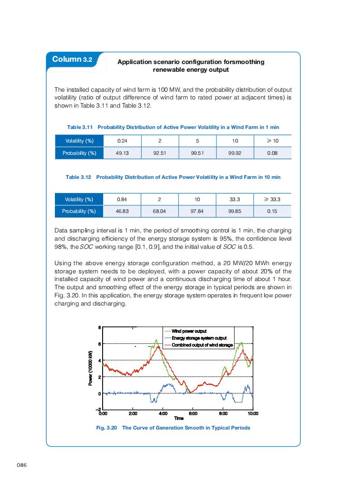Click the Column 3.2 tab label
click(73, 59)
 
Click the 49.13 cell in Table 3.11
click(123, 153)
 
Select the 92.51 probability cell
click(160, 153)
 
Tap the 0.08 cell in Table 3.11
click(272, 153)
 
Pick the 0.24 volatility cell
click(123, 141)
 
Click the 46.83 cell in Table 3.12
click(123, 211)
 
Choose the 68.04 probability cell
click(160, 211)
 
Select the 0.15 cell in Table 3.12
click(272, 211)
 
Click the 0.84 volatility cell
click(123, 199)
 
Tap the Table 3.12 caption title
click(173, 177)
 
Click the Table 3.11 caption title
click(173, 128)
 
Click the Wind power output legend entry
click(188, 331)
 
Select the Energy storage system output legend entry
click(199, 338)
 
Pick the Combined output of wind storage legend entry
click(202, 345)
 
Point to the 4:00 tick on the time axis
click(163, 414)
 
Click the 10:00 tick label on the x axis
click(253, 414)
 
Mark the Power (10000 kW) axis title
click(90, 369)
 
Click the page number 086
click(22, 465)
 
